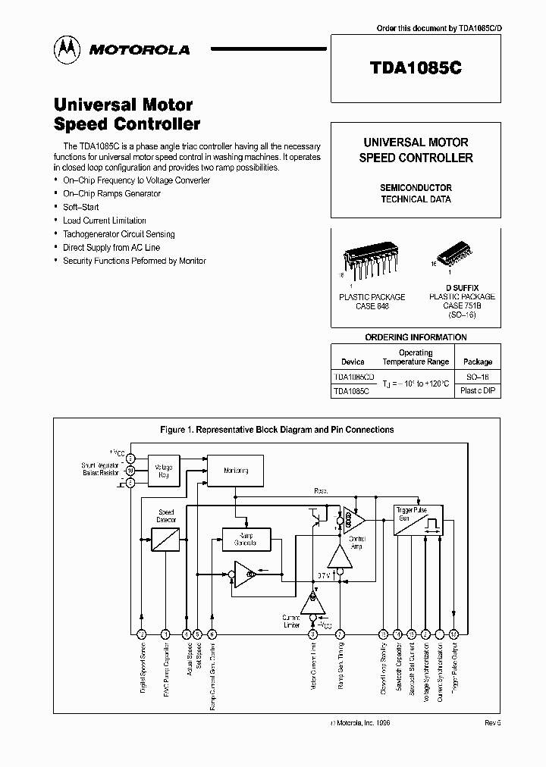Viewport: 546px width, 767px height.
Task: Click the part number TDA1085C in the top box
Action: coord(416,67)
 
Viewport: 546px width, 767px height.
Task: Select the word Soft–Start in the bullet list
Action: coord(80,207)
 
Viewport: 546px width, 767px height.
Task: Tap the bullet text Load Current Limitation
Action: coord(105,221)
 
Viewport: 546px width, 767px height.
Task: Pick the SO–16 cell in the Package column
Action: coord(477,377)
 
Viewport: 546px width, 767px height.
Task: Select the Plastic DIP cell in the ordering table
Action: coord(478,391)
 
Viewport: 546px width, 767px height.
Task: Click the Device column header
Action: coord(353,362)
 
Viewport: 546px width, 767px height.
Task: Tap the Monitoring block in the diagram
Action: coord(236,471)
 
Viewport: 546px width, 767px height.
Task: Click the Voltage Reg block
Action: coord(163,470)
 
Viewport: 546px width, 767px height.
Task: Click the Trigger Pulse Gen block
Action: coord(416,521)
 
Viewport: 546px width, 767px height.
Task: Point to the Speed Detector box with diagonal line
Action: coord(166,538)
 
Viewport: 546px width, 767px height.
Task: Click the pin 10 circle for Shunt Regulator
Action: coord(130,470)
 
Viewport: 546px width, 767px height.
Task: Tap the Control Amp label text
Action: coord(356,541)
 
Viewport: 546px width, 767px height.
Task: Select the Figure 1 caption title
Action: coord(277,430)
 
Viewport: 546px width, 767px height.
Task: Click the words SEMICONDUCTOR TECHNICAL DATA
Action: coord(416,193)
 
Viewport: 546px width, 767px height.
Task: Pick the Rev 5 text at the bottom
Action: coord(493,724)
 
